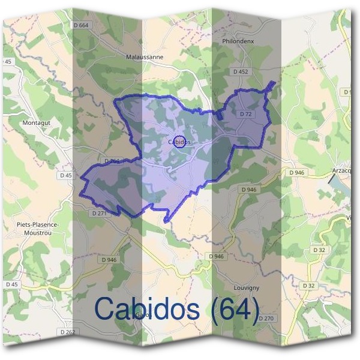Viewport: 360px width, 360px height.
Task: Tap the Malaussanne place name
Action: tap(145, 58)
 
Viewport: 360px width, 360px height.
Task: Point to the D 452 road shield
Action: tap(240, 71)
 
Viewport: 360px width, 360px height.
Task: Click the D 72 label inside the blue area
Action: tap(245, 113)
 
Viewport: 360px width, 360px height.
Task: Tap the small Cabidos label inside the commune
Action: tap(180, 142)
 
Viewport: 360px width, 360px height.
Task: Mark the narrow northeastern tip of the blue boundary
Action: tap(274, 84)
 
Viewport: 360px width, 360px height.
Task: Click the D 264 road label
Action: tap(113, 161)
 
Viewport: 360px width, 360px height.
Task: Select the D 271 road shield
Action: tap(99, 213)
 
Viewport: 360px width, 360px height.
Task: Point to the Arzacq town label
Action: tap(343, 170)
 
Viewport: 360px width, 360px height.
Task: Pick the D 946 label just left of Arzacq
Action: tap(297, 172)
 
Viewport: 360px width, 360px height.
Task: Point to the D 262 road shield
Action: tap(68, 331)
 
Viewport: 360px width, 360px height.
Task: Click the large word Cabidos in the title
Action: tap(147, 309)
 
